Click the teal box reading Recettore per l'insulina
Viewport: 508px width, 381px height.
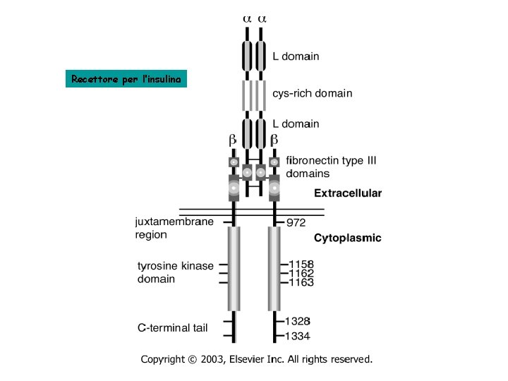pos(127,79)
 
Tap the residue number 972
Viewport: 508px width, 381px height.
pos(296,223)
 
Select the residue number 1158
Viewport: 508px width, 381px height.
pos(301,265)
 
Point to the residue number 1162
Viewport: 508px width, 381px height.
pos(301,273)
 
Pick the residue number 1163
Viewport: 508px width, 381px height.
pos(301,282)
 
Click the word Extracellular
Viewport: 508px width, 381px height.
pos(348,193)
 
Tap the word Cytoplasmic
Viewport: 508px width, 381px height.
pos(347,238)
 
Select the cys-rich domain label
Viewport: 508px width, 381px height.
pos(312,93)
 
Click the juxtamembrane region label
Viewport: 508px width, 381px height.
pos(174,228)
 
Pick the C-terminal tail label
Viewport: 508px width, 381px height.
pos(174,327)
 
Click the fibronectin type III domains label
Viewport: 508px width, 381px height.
pos(331,167)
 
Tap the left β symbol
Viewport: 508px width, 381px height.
pos(232,140)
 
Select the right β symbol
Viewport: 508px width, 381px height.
pos(274,140)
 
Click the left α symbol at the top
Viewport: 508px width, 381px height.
pos(246,19)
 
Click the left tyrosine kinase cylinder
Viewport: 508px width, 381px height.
pos(234,268)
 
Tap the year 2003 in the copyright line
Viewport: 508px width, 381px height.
pos(212,360)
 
